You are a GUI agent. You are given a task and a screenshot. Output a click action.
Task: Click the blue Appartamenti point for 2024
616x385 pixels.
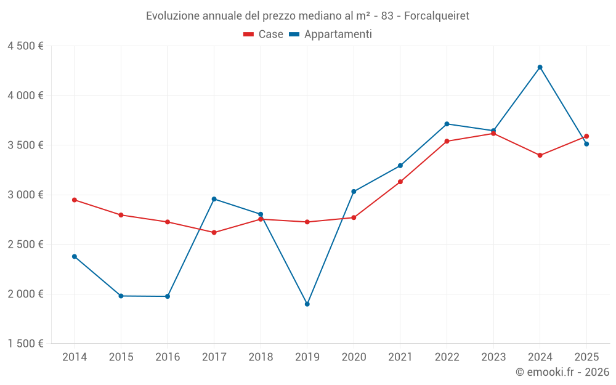(x=540, y=67)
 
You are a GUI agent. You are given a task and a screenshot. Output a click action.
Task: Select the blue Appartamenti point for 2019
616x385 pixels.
(x=307, y=304)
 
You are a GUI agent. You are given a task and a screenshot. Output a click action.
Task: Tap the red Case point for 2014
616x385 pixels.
(x=75, y=200)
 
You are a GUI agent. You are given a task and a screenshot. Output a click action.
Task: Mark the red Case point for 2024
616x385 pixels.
(x=540, y=155)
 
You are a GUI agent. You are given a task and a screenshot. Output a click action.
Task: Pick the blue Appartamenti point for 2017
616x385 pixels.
(x=214, y=199)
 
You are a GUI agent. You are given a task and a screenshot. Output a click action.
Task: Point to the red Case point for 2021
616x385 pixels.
(x=400, y=182)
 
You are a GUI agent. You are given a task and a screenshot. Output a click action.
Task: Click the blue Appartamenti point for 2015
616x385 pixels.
(x=121, y=296)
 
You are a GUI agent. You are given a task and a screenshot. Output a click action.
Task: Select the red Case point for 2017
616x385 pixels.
(x=214, y=232)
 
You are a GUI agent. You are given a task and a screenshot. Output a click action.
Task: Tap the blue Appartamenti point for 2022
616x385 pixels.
(x=447, y=124)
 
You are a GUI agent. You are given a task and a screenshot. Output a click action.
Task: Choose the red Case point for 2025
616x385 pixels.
(x=586, y=136)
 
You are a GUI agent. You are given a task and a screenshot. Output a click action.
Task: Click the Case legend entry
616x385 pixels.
(x=264, y=34)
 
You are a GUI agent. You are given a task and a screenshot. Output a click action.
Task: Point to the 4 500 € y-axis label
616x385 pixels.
(x=25, y=46)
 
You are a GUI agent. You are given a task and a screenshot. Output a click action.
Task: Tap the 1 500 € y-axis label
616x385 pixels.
(x=25, y=344)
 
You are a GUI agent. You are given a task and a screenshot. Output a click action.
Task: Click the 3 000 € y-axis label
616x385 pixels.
(x=25, y=195)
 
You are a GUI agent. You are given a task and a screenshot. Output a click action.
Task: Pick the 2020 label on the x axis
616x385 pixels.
(x=354, y=357)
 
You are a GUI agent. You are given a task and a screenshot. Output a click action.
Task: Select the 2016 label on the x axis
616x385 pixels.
(x=168, y=357)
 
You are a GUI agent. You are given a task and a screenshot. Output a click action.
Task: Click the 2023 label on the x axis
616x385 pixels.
(x=493, y=357)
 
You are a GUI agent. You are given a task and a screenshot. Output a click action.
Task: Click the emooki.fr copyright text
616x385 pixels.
(x=562, y=372)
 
